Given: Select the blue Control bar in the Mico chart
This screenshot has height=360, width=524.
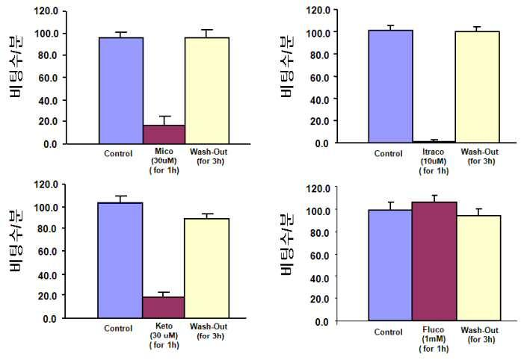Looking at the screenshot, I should pyautogui.click(x=121, y=90).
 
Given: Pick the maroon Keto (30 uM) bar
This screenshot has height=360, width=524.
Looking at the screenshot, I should pyautogui.click(x=164, y=307).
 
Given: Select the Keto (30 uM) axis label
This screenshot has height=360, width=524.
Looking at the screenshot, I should pyautogui.click(x=164, y=335).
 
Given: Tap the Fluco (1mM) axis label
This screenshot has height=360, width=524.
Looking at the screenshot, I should pyautogui.click(x=434, y=339).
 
